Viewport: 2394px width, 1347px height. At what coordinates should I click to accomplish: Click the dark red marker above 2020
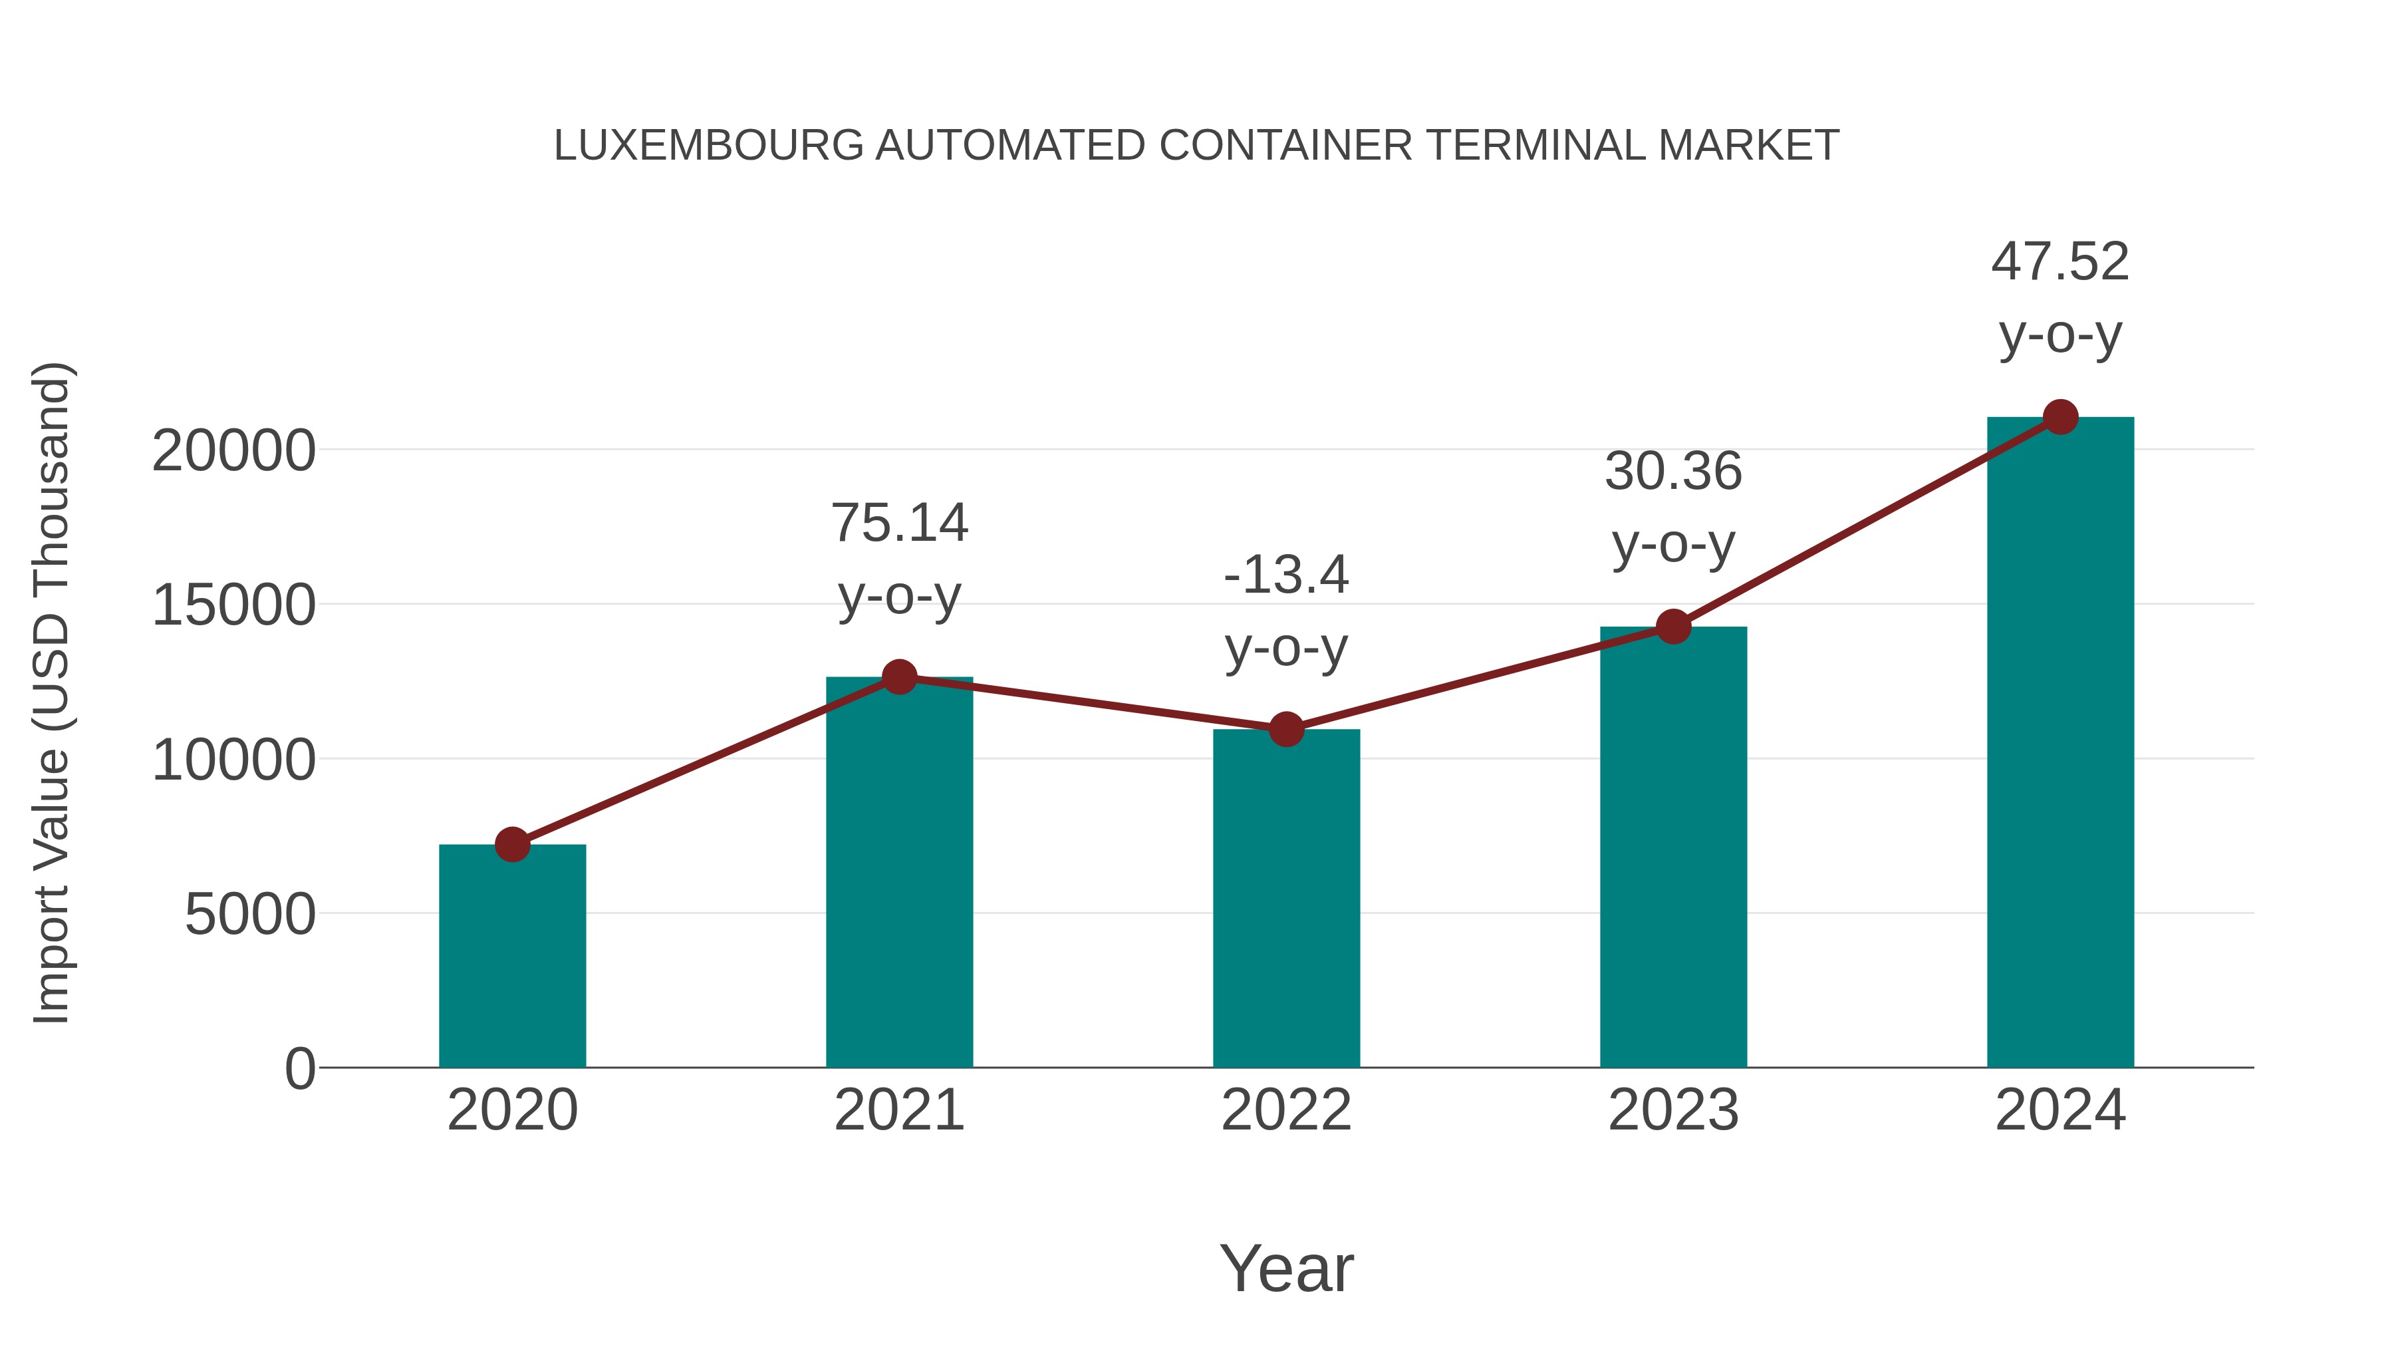tap(512, 844)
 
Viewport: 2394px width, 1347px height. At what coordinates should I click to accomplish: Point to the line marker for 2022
tap(1286, 730)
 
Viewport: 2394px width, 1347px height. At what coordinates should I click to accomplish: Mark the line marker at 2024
tap(2060, 417)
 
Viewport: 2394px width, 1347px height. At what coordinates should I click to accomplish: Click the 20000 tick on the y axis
tap(233, 452)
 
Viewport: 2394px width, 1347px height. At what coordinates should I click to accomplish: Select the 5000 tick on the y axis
tap(250, 915)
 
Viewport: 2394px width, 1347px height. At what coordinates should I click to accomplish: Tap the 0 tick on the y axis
tap(299, 1069)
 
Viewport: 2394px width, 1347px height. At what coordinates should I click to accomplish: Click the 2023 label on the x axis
tap(1673, 1110)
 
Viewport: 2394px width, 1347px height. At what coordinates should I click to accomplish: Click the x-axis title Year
tap(1286, 1268)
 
